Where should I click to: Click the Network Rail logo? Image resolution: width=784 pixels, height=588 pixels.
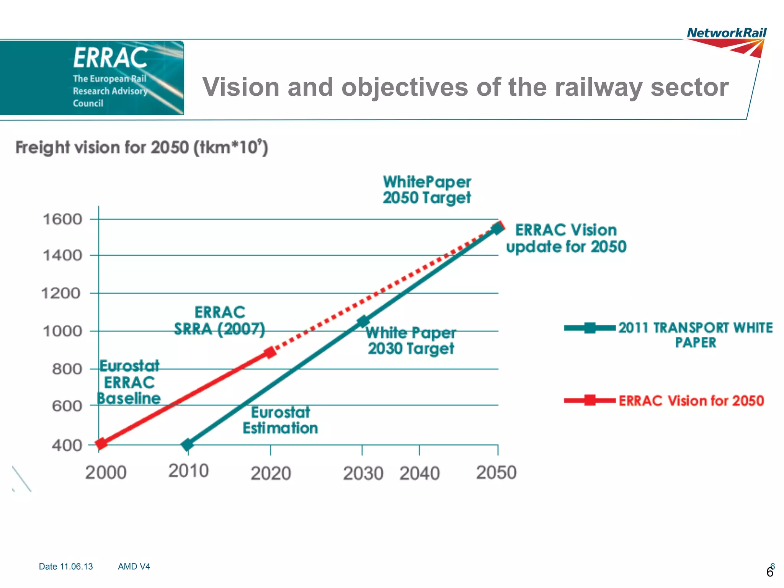coord(726,41)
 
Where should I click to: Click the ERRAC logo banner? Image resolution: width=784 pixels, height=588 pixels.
coord(92,78)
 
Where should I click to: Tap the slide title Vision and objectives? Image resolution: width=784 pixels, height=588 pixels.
coord(465,87)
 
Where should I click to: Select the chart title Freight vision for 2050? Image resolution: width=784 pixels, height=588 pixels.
coord(142,147)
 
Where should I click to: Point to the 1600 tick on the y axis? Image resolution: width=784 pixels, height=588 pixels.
coord(62,219)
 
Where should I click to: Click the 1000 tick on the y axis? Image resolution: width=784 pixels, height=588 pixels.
coord(62,331)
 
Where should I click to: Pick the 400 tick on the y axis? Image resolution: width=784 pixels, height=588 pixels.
coord(67,445)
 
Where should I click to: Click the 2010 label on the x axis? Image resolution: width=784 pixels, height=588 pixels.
coord(188,471)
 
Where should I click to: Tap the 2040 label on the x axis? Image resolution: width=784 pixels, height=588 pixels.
coord(420,473)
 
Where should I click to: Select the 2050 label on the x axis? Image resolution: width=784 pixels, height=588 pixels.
coord(496,472)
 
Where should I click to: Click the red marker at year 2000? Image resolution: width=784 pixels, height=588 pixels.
coord(101,443)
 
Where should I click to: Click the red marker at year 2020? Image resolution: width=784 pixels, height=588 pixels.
coord(270,352)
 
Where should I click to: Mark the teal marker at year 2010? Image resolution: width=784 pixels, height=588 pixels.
coord(187,444)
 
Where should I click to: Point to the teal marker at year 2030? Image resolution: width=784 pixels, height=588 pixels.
coord(363,322)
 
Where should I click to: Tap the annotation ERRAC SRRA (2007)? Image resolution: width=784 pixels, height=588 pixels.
coord(219,320)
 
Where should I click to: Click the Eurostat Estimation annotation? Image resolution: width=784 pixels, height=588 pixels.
coord(280,420)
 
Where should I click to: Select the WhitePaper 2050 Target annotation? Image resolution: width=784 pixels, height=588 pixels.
coord(426,190)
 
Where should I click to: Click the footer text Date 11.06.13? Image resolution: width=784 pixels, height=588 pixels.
coord(66,566)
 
